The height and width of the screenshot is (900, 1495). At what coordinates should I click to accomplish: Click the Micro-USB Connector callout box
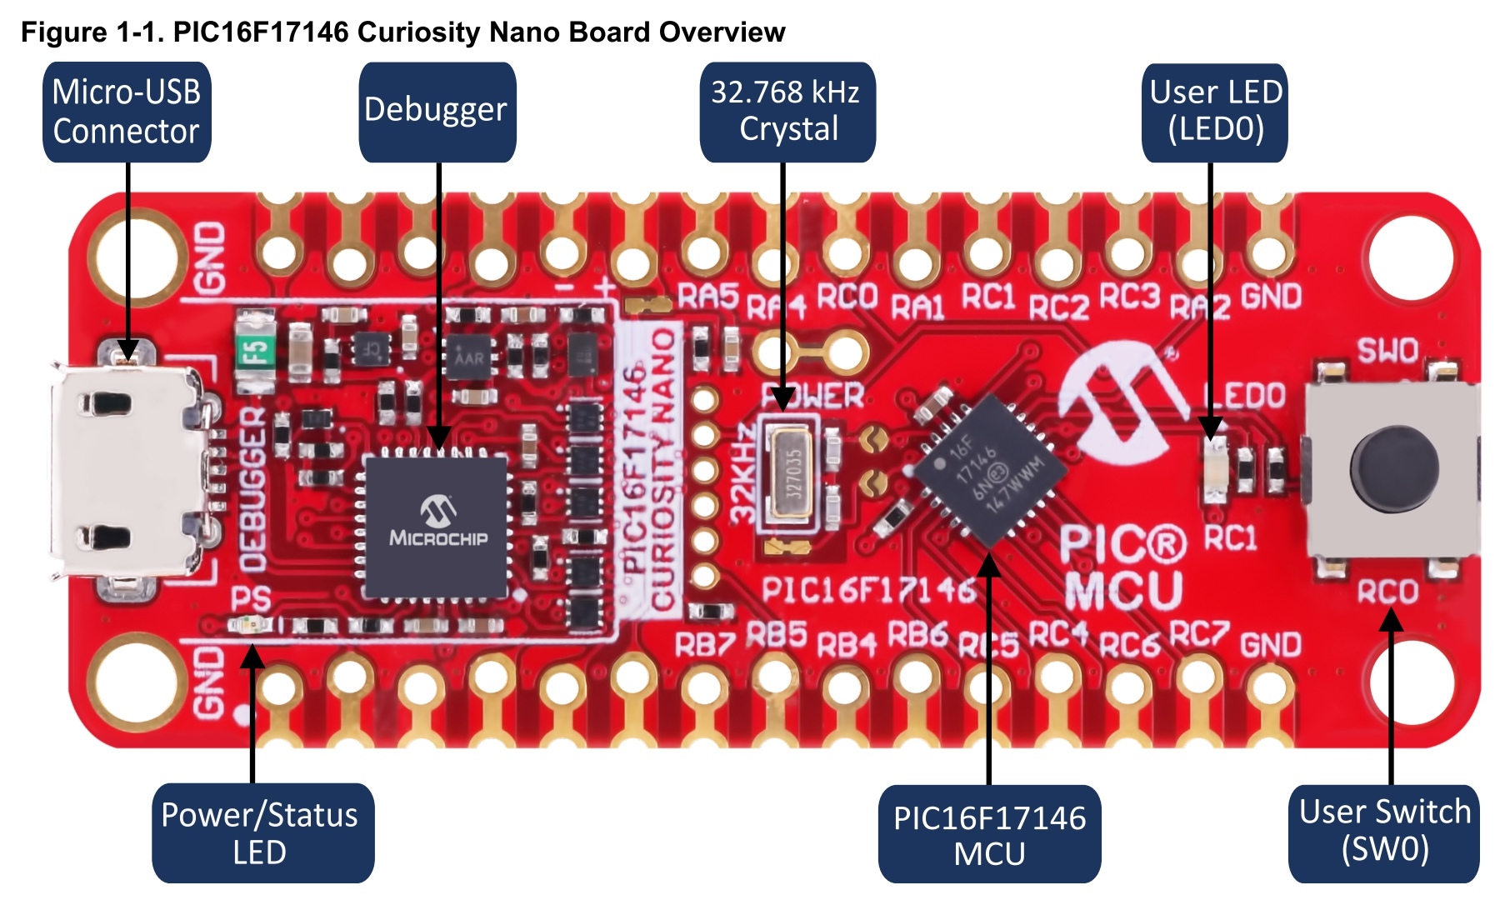pos(127,112)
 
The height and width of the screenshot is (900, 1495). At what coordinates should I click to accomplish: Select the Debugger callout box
pos(437,112)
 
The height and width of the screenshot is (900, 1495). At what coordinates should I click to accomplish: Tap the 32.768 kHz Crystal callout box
pos(787,112)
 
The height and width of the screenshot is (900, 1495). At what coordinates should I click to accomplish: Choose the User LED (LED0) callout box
pos(1215,112)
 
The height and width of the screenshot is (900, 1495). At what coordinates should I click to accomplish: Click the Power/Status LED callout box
pos(262,832)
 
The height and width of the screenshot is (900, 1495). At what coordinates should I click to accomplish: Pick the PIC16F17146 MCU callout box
pos(989,834)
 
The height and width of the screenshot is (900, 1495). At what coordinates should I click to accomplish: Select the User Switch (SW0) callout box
pos(1384,832)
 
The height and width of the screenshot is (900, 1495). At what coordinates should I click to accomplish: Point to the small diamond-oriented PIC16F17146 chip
pos(989,471)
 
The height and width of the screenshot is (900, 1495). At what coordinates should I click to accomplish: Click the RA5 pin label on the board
pos(707,296)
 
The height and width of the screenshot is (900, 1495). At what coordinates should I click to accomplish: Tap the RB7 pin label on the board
pos(704,643)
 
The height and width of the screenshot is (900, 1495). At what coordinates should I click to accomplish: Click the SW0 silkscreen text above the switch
pos(1387,350)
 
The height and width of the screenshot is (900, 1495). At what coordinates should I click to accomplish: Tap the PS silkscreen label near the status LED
pos(251,598)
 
